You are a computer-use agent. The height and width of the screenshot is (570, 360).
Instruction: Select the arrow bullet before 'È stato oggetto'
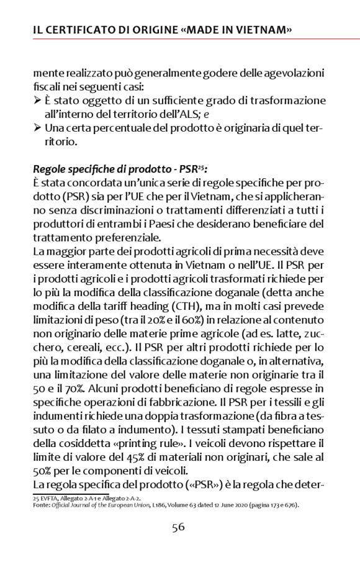[x=38, y=101]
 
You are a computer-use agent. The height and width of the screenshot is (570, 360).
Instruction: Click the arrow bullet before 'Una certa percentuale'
[x=38, y=128]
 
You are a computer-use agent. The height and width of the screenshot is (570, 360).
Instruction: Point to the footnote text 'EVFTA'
[x=52, y=499]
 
